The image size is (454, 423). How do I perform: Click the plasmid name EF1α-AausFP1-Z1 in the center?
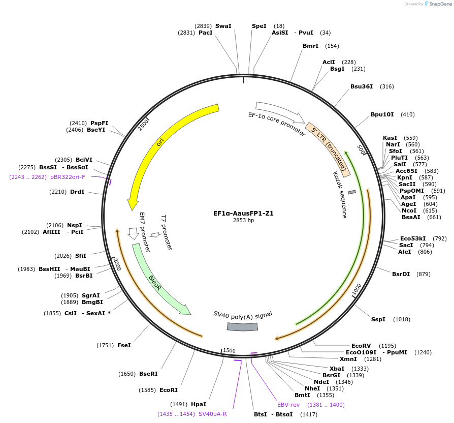pos(243,214)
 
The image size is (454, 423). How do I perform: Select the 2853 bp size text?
pos(243,221)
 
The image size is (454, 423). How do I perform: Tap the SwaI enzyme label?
pos(223,26)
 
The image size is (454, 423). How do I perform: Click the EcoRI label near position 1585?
pos(169,390)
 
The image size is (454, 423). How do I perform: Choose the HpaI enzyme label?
pos(199,404)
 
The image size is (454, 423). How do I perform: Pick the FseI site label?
pos(124,345)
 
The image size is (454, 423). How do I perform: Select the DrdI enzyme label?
pos(77,192)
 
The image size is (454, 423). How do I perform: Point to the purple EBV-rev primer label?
pos(288,405)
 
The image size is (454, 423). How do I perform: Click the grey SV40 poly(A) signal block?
pos(242,326)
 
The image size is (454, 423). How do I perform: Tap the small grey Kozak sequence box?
pos(351,192)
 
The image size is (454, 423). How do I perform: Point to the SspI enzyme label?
pos(378,319)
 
